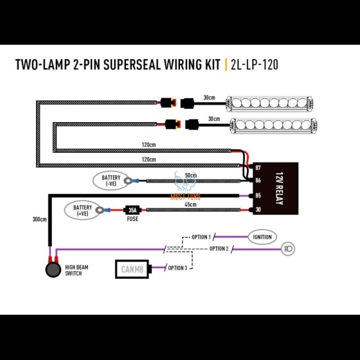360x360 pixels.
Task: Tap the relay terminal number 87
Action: [x=259, y=168]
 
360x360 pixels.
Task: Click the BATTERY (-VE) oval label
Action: [x=112, y=181]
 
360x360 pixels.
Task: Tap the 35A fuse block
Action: [x=131, y=209]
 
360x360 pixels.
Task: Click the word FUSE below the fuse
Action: [x=131, y=219]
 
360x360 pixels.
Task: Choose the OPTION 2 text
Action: [x=218, y=249]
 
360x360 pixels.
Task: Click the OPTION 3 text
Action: [x=178, y=268]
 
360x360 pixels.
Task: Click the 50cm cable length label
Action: [x=191, y=175]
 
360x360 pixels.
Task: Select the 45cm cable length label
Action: [x=190, y=205]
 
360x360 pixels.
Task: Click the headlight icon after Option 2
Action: [x=289, y=249]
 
